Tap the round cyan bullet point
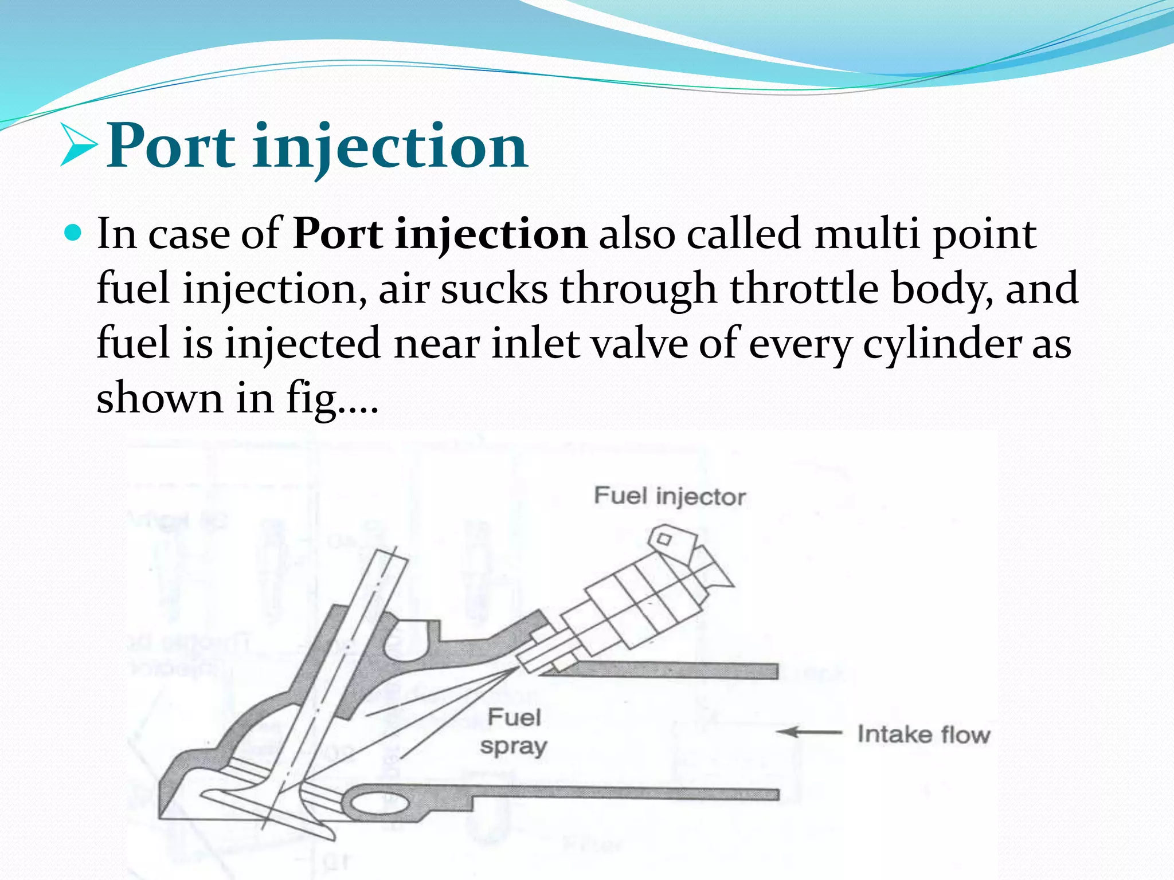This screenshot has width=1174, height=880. (73, 233)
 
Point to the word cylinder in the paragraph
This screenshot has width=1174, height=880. (941, 344)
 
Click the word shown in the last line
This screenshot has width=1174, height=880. (159, 398)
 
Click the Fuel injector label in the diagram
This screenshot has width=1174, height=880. (670, 496)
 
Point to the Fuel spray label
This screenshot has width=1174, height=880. (514, 732)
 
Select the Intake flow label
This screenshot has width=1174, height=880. (923, 734)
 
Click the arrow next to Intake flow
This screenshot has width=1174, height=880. (808, 732)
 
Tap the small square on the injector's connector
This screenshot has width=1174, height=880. (664, 539)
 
